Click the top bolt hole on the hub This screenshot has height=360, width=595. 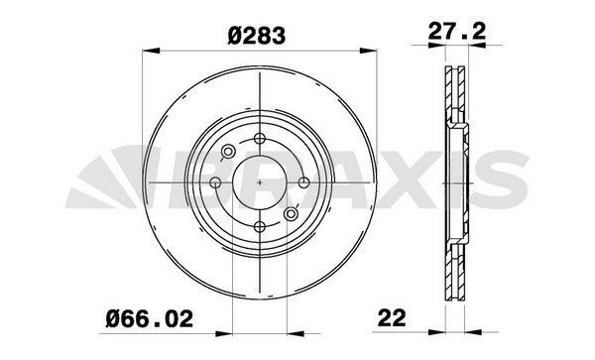(x=260, y=140)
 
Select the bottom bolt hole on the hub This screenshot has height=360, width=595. (x=260, y=225)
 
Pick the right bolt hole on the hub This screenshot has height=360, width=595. (x=302, y=182)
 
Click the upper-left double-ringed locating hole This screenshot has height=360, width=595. (x=227, y=152)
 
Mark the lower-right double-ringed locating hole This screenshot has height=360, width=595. (x=291, y=213)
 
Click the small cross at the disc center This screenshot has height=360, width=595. (x=260, y=182)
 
